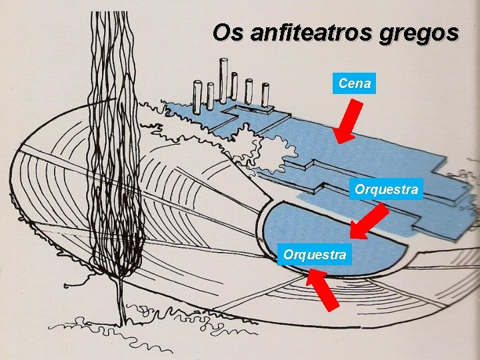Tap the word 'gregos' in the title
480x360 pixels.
[426, 33]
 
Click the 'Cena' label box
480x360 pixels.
[354, 83]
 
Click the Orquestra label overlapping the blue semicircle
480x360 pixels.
[315, 255]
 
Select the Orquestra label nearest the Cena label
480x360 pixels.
[387, 189]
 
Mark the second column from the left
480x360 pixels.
[209, 96]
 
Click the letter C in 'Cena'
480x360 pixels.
[342, 83]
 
